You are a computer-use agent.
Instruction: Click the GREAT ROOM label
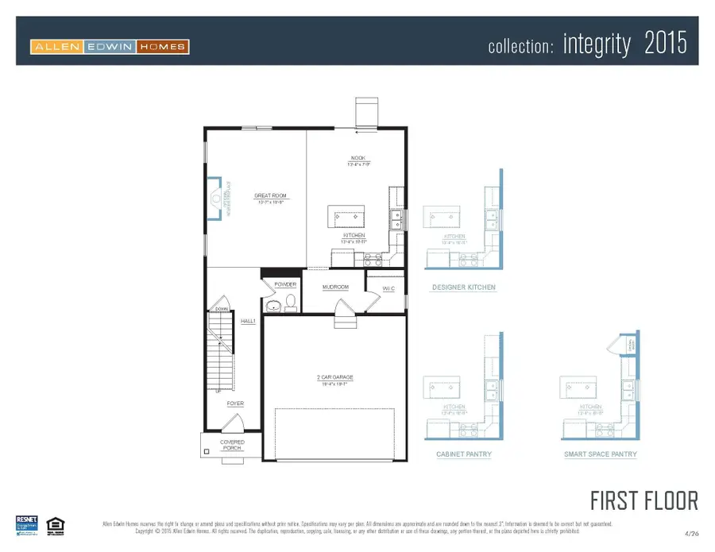coord(270,196)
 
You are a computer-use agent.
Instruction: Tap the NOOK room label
coord(357,157)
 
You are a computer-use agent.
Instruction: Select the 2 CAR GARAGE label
coord(334,377)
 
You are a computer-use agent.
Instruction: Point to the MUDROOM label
coord(335,287)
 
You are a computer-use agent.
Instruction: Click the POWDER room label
coord(285,284)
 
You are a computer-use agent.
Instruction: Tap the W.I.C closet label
coord(388,288)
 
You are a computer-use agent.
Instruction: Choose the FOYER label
coord(235,403)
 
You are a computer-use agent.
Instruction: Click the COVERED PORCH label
coord(232,446)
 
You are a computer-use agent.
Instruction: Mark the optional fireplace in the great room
coord(216,196)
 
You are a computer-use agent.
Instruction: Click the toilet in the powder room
coord(291,302)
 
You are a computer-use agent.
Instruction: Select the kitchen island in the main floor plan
coord(347,216)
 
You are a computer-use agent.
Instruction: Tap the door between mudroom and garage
coord(343,310)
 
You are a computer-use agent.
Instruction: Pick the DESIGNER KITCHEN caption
coord(464,287)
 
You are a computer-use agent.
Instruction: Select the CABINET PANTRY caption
coord(464,454)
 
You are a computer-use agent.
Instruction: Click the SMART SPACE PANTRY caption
coord(601,454)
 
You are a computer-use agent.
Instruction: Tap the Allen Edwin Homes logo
coord(110,46)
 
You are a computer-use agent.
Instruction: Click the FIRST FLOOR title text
coord(643,500)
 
